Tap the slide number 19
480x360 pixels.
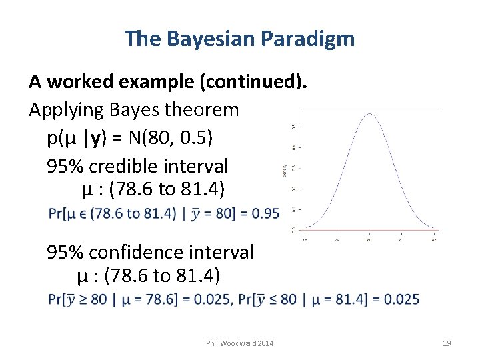[x=447, y=343]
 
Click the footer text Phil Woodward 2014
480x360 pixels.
[x=240, y=343]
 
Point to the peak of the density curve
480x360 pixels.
[x=369, y=114]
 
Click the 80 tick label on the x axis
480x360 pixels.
[x=369, y=239]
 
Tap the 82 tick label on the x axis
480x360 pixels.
[x=434, y=239]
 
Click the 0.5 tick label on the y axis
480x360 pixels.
[x=294, y=126]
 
